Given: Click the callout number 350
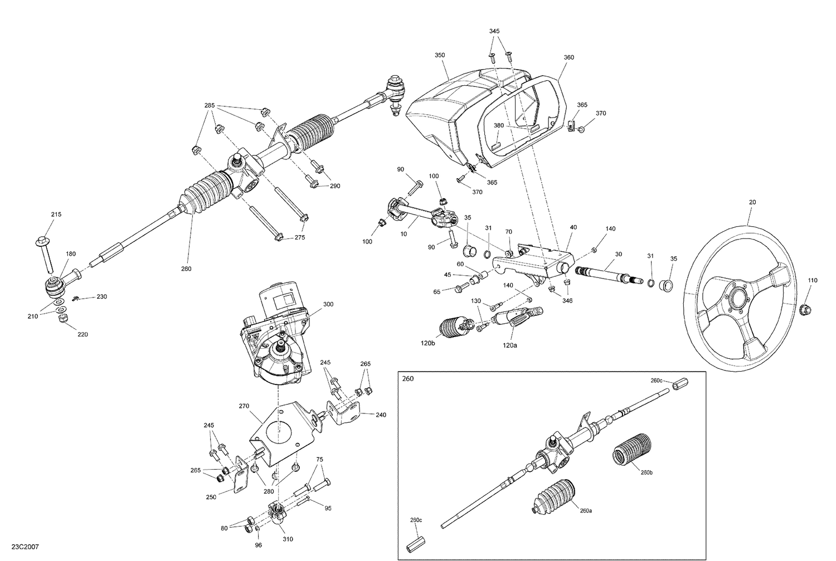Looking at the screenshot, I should pyautogui.click(x=440, y=55).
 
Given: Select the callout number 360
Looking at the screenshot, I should pyautogui.click(x=568, y=57).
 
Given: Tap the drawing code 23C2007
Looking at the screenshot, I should pyautogui.click(x=25, y=548).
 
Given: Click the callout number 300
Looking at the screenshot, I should pyautogui.click(x=328, y=305).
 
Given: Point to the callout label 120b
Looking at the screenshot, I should pyautogui.click(x=428, y=343).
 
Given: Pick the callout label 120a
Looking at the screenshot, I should pyautogui.click(x=510, y=345).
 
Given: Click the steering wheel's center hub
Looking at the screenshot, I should pyautogui.click(x=739, y=304).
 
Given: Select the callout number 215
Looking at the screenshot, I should pyautogui.click(x=56, y=214).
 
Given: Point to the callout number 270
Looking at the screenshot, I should pyautogui.click(x=244, y=406).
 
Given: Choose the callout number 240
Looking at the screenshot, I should pyautogui.click(x=381, y=414).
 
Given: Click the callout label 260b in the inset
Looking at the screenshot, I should pyautogui.click(x=647, y=473).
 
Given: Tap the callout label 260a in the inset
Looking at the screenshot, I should pyautogui.click(x=586, y=510).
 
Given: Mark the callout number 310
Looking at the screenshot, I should pyautogui.click(x=288, y=539).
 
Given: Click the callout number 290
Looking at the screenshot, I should pyautogui.click(x=334, y=186).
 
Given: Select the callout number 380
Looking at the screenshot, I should pyautogui.click(x=498, y=125).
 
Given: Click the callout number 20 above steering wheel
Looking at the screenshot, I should pyautogui.click(x=752, y=202).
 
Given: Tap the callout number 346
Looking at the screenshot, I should pyautogui.click(x=567, y=301).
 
